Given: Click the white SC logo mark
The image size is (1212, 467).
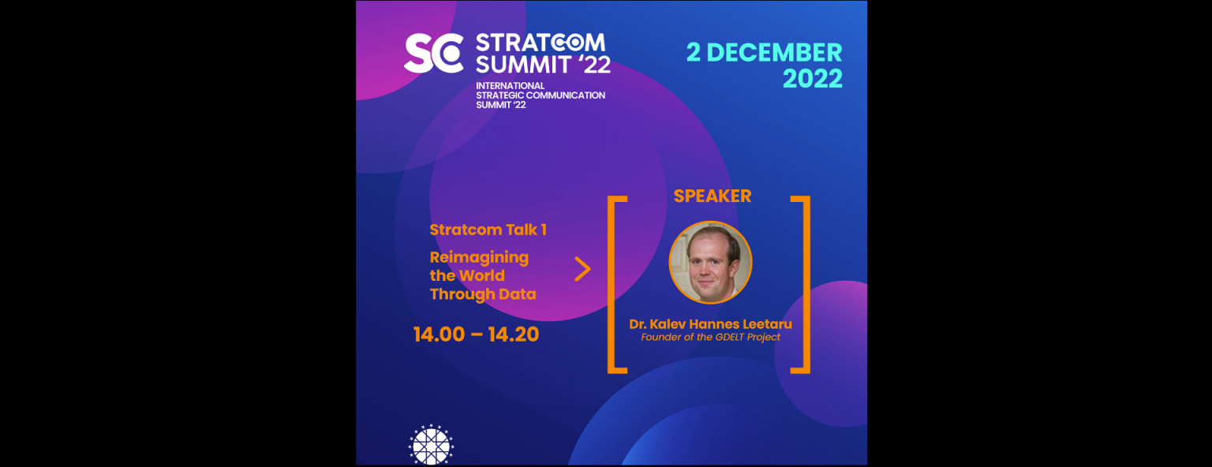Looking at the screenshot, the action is [x=433, y=53].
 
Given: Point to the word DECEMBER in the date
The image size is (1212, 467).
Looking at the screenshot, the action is [x=774, y=53].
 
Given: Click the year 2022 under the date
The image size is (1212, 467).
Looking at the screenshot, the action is [x=812, y=79].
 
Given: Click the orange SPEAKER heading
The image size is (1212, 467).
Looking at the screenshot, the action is [x=712, y=196].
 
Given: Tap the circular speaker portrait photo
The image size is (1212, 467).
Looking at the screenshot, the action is [x=710, y=263].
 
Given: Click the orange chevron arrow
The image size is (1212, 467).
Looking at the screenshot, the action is [x=583, y=270].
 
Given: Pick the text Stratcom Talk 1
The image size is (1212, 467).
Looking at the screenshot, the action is [x=488, y=230].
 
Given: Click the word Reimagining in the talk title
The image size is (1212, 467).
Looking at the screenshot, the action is [x=479, y=258].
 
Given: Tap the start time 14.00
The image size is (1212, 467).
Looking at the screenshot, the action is [x=439, y=334].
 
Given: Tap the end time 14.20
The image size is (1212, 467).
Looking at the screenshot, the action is [x=514, y=334].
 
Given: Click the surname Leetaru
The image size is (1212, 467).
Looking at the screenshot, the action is [x=767, y=324].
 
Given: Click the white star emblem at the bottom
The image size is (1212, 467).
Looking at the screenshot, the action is [x=431, y=445].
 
